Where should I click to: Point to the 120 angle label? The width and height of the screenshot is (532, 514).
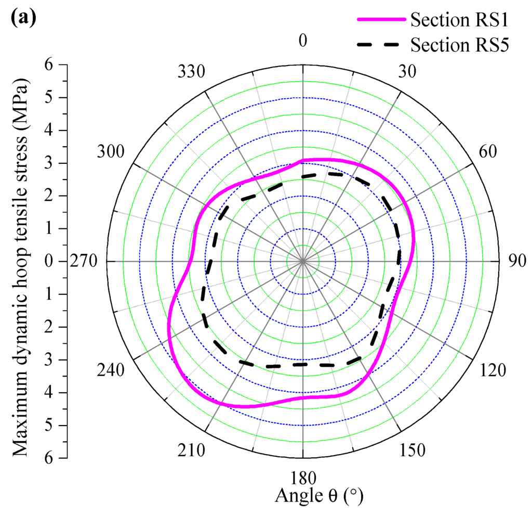tap(491, 370)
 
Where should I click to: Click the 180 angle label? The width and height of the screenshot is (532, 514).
tap(303, 478)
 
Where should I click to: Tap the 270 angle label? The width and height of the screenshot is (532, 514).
tap(84, 261)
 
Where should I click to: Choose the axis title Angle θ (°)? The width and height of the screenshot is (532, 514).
tap(318, 496)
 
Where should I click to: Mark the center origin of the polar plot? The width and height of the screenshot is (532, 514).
tap(303, 261)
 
